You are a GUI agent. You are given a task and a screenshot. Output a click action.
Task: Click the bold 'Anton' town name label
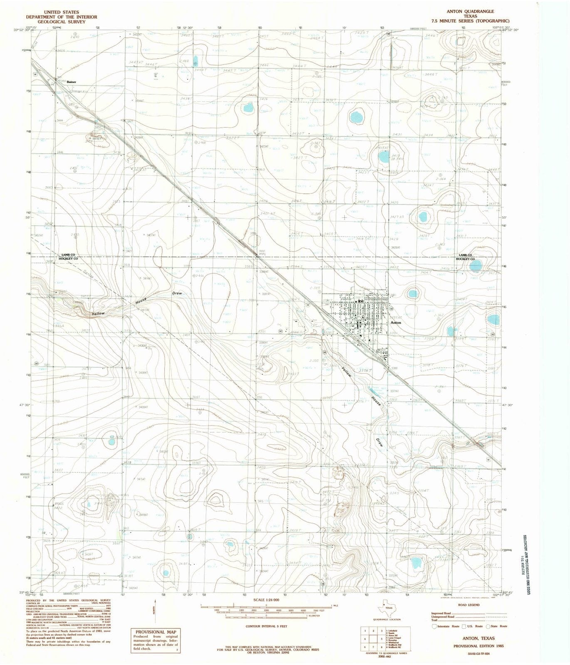click(x=396, y=323)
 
